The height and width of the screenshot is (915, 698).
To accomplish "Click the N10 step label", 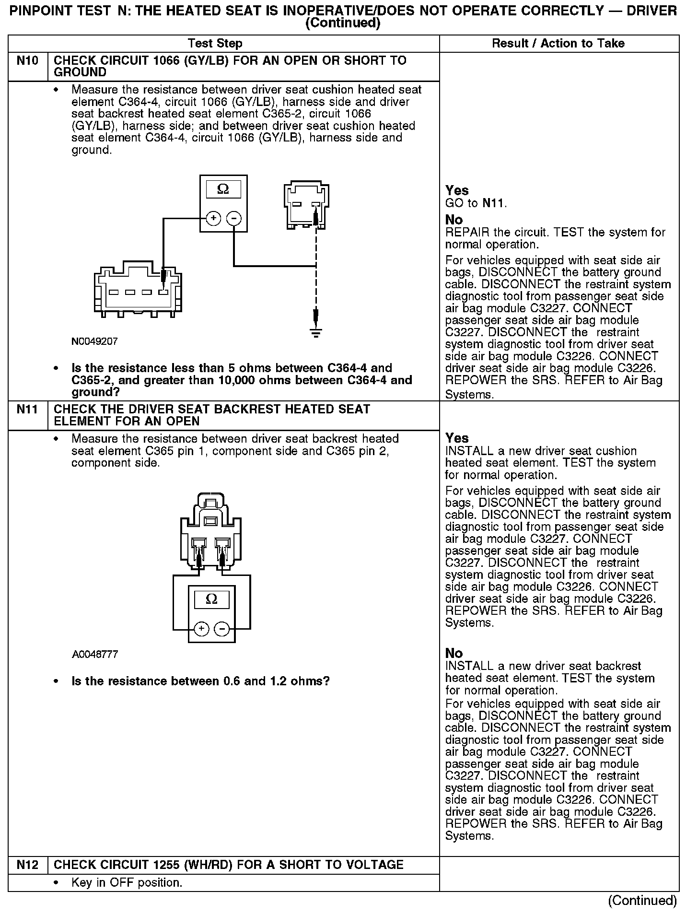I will pyautogui.click(x=28, y=61).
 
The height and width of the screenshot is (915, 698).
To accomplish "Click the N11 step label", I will pyautogui.click(x=28, y=410).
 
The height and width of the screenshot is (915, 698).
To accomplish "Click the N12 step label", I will pyautogui.click(x=28, y=865).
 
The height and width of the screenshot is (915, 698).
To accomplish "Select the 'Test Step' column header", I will pyautogui.click(x=215, y=44).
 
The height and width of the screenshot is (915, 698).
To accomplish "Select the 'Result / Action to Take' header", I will pyautogui.click(x=558, y=44).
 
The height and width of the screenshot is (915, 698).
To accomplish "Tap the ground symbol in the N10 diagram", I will pyautogui.click(x=315, y=332).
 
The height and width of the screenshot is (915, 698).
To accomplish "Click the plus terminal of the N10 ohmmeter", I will pyautogui.click(x=213, y=219).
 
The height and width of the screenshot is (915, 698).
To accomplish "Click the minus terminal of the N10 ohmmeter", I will pyautogui.click(x=234, y=219).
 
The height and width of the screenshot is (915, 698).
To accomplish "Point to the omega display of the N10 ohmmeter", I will pyautogui.click(x=223, y=189).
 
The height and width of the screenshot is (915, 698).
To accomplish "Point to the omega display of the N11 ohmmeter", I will pyautogui.click(x=211, y=599).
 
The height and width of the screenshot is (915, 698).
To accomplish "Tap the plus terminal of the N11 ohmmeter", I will pyautogui.click(x=201, y=629).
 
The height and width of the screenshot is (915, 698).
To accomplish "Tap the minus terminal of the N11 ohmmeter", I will pyautogui.click(x=221, y=629).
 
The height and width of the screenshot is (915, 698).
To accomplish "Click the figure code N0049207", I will pyautogui.click(x=94, y=341).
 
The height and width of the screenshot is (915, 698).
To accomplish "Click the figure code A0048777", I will pyautogui.click(x=95, y=654).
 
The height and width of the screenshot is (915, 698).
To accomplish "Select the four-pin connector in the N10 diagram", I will pyautogui.click(x=138, y=289).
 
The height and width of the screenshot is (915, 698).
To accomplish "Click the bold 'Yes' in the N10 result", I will pyautogui.click(x=457, y=190).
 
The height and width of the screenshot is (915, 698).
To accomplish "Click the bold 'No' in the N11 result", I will pyautogui.click(x=454, y=653).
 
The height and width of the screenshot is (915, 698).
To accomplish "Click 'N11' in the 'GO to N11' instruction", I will pyautogui.click(x=493, y=203).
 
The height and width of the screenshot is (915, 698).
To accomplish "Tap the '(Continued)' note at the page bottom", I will pyautogui.click(x=642, y=901).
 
